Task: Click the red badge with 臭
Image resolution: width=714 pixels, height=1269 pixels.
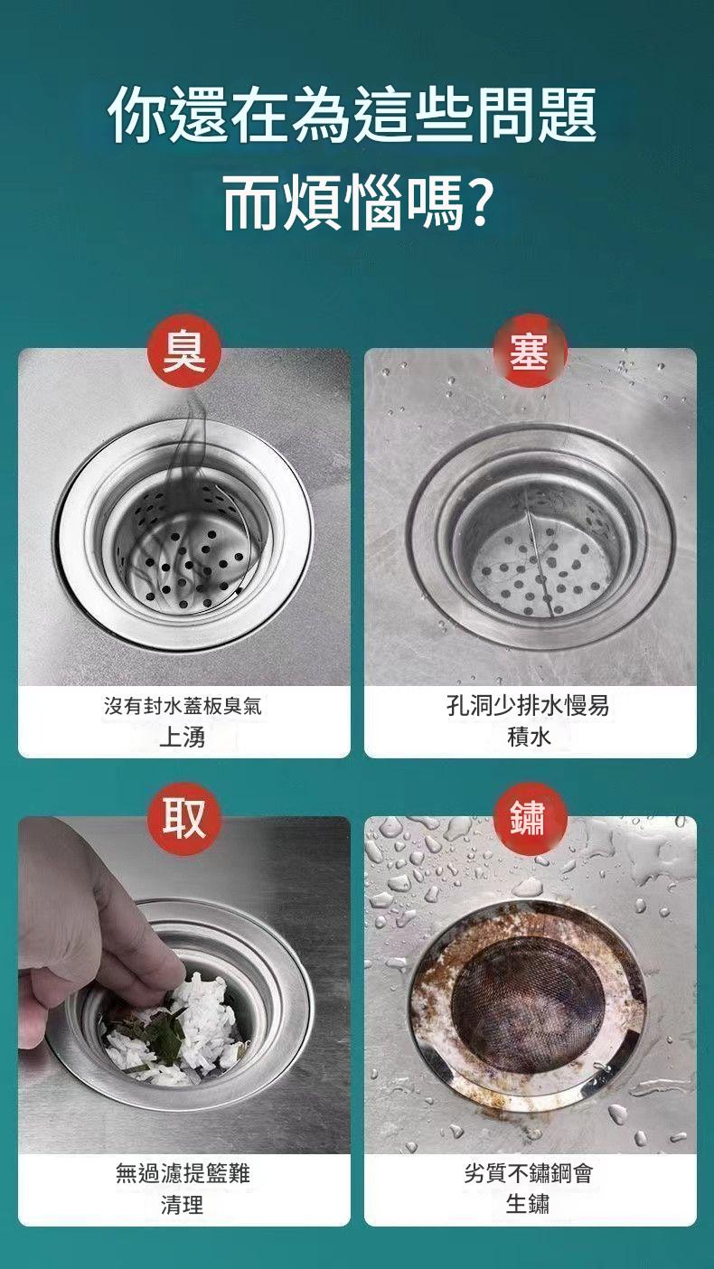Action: (x=183, y=352)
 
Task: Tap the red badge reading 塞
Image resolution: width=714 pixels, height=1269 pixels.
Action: (x=530, y=352)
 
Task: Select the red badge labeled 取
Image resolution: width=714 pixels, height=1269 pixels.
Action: (x=183, y=819)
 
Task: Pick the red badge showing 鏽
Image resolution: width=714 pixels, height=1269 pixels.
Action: (x=530, y=819)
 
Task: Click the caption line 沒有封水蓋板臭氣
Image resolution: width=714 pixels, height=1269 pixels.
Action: (x=183, y=707)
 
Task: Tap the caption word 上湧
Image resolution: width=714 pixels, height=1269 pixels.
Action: (x=183, y=737)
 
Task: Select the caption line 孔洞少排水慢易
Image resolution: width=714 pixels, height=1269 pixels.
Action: (x=528, y=707)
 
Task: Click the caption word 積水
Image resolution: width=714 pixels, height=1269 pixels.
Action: (x=528, y=737)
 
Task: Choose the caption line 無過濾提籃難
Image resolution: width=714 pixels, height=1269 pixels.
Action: (x=183, y=1172)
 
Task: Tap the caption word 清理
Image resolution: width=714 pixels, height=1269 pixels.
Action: (x=183, y=1204)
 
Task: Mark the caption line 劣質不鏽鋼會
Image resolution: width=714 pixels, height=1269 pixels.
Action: (x=528, y=1172)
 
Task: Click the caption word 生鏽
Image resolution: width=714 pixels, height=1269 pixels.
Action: (x=528, y=1204)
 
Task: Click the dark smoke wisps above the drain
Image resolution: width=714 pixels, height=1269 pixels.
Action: (x=187, y=499)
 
